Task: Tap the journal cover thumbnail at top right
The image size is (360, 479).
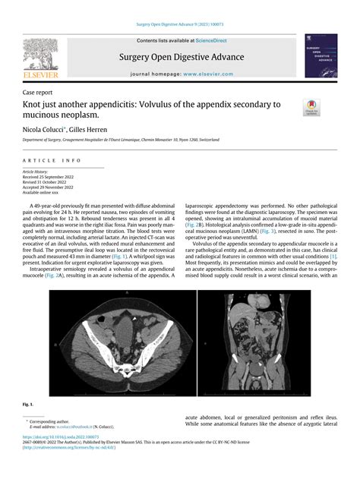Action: [x=320, y=55]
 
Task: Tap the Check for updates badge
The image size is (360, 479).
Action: [x=312, y=106]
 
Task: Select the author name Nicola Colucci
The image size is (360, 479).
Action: [x=43, y=131]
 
